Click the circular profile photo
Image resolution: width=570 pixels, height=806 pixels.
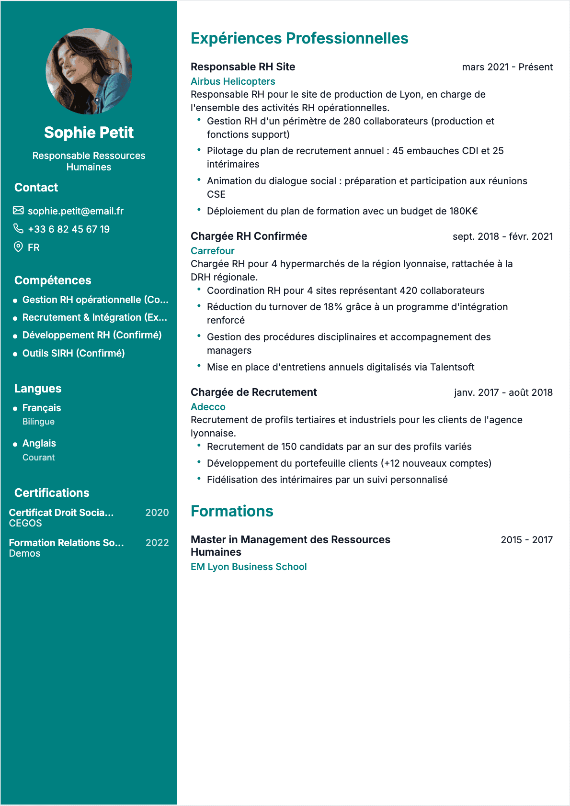point(89,71)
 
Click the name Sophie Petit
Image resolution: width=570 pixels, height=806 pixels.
point(89,133)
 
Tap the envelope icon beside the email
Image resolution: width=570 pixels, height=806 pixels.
point(18,211)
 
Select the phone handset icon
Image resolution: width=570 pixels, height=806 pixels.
point(18,228)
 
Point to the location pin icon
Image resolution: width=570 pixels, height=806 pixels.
point(18,247)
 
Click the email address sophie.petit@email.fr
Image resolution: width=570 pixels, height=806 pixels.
point(76,211)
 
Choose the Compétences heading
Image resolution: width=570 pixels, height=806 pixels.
point(53,280)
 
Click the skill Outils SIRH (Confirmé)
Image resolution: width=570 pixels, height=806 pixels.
point(73,353)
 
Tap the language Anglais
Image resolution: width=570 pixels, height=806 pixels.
point(39,443)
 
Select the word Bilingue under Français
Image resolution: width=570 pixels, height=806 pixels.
point(38,422)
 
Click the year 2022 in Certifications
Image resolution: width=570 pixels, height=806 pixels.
point(157,543)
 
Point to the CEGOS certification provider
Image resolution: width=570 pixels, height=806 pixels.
point(25,523)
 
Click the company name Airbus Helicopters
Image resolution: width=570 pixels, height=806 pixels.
point(233,81)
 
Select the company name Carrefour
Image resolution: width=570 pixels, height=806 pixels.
point(212,251)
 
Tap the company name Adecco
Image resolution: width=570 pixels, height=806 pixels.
point(208,407)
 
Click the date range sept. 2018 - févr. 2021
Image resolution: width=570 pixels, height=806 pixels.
point(502,236)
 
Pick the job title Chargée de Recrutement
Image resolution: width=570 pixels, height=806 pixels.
point(253,392)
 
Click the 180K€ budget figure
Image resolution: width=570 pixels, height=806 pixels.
point(463,211)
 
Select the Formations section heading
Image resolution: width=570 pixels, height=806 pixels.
point(232,511)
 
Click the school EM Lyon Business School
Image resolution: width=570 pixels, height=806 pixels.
point(249,567)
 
